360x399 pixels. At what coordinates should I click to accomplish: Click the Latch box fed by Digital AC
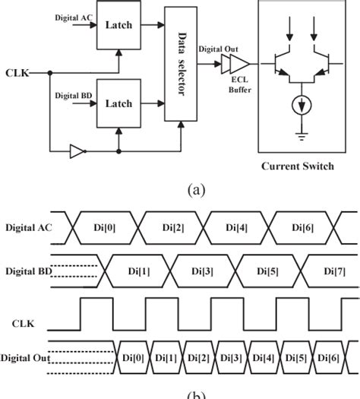(x=118, y=25)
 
